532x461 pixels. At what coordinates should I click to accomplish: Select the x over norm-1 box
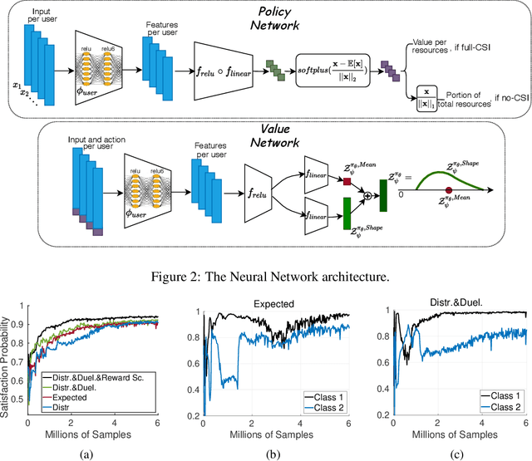426,96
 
